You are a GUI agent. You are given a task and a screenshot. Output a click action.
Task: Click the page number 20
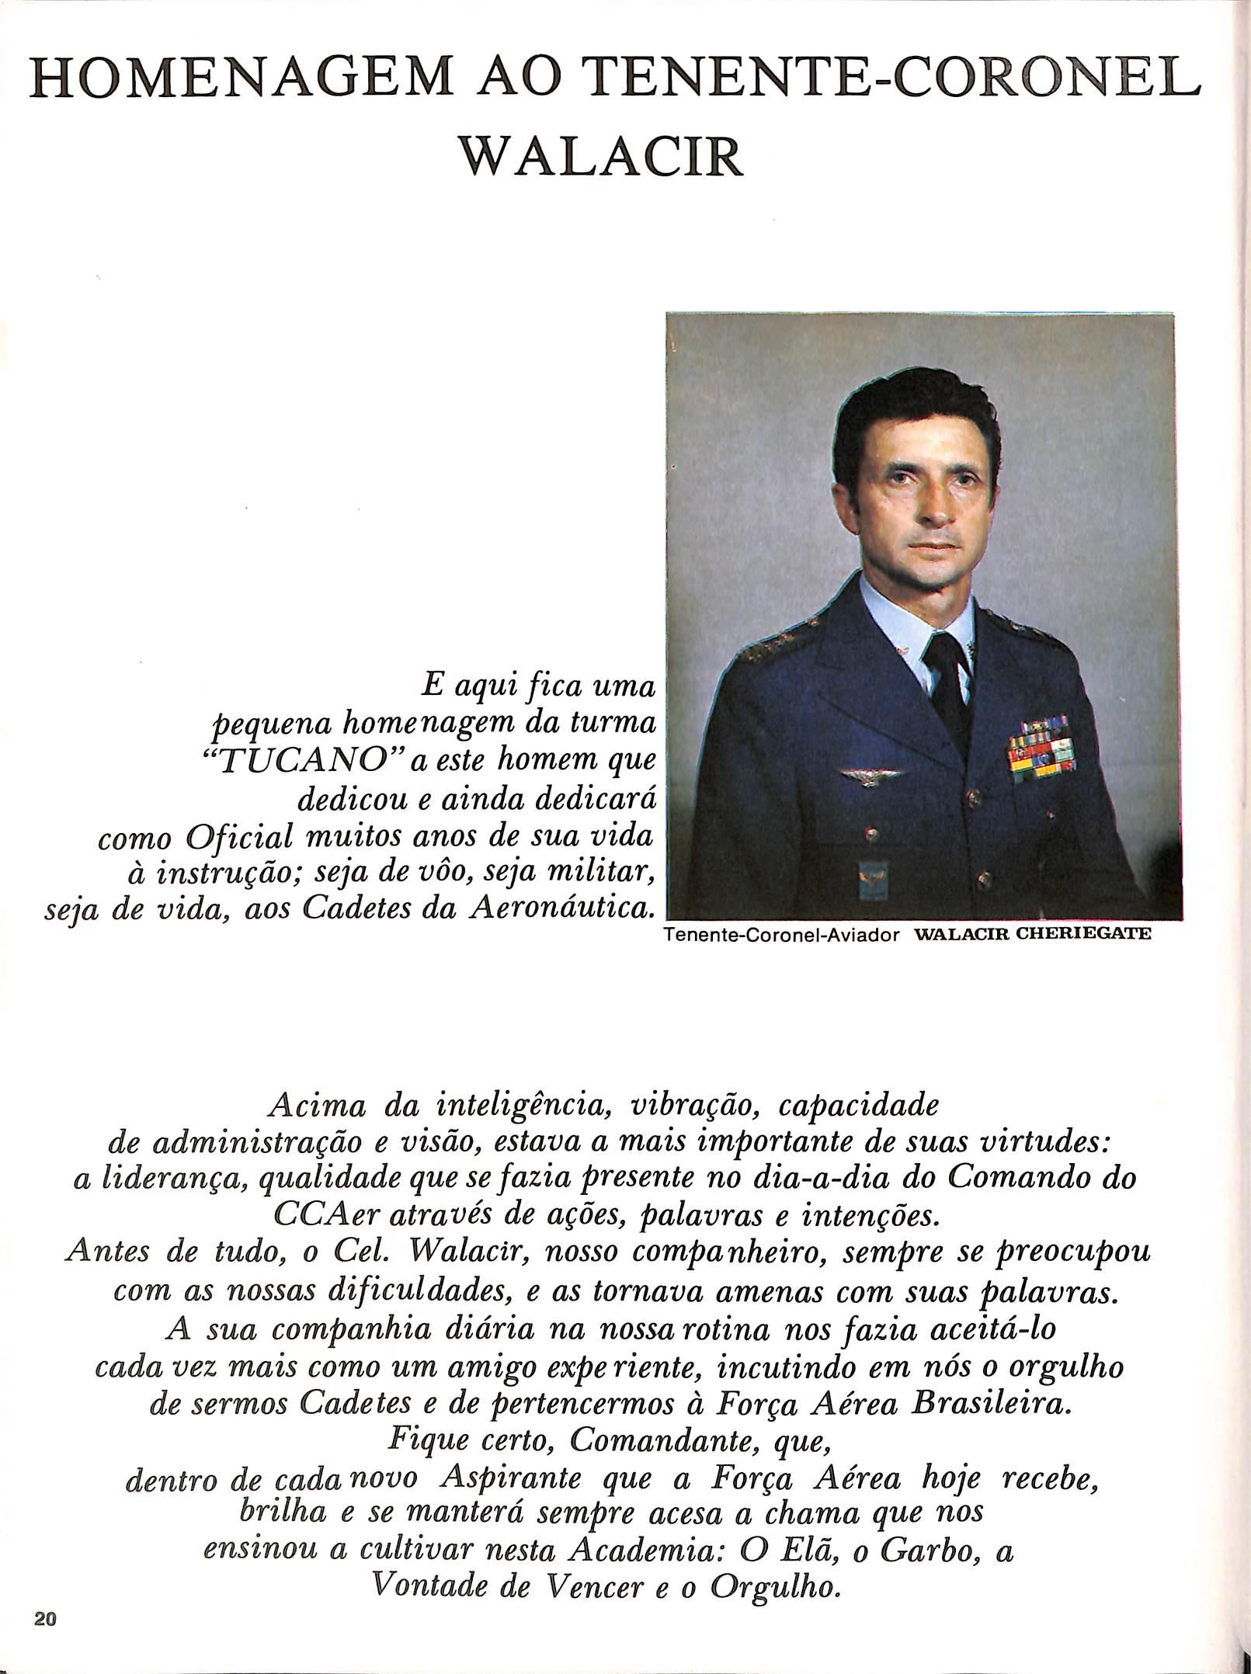pyautogui.click(x=44, y=1637)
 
